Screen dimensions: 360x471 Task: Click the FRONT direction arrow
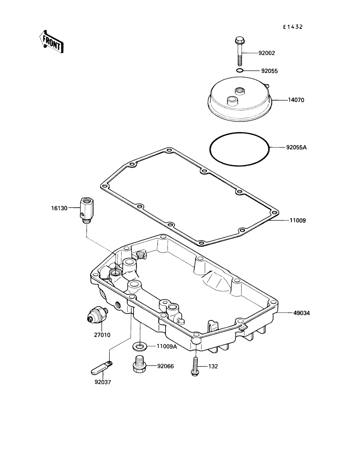pyautogui.click(x=51, y=42)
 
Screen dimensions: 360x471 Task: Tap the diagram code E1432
pyautogui.click(x=293, y=27)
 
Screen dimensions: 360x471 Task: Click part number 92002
pyautogui.click(x=266, y=53)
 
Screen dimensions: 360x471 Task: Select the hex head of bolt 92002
pyautogui.click(x=240, y=40)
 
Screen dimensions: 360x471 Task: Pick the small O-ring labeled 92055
pyautogui.click(x=240, y=70)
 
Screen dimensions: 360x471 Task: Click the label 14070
pyautogui.click(x=296, y=100)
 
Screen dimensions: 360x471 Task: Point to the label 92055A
pyautogui.click(x=296, y=147)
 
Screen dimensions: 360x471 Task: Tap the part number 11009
pyautogui.click(x=298, y=220)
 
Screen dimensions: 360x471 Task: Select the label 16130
pyautogui.click(x=59, y=208)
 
